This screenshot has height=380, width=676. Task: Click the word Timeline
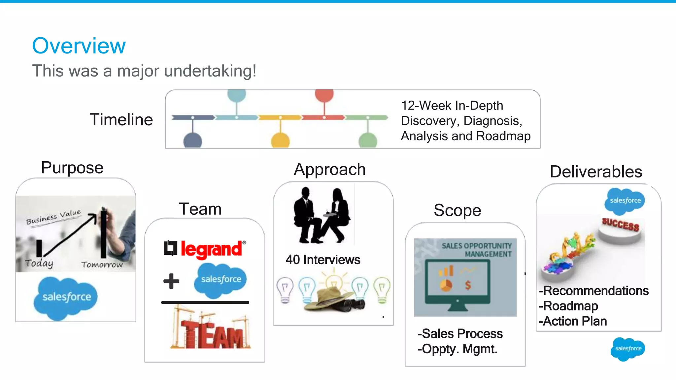click(x=121, y=119)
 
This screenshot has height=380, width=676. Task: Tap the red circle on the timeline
click(x=324, y=95)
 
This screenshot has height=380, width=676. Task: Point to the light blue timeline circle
click(x=236, y=95)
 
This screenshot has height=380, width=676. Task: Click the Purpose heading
click(x=72, y=168)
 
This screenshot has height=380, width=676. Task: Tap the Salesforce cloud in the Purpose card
click(x=66, y=297)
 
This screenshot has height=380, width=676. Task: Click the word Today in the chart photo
click(x=39, y=263)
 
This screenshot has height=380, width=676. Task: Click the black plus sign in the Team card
click(x=171, y=281)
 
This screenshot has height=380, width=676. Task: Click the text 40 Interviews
click(x=323, y=260)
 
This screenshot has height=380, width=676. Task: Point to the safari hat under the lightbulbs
click(x=330, y=299)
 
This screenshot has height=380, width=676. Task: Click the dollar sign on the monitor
click(x=468, y=285)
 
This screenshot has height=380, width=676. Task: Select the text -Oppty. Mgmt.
click(x=457, y=349)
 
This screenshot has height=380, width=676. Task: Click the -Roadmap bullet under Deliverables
click(x=568, y=306)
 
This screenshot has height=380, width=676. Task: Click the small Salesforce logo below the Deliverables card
click(x=628, y=349)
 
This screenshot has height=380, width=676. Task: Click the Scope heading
click(x=457, y=210)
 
